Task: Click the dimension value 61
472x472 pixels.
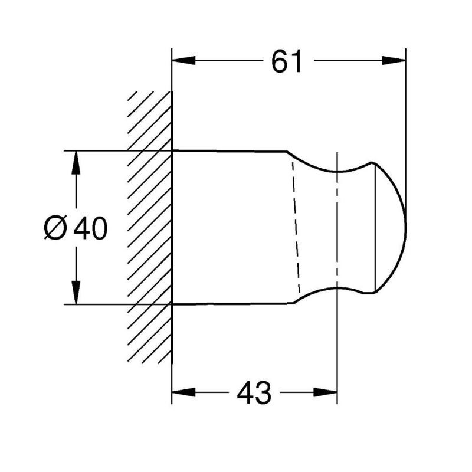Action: [286, 62]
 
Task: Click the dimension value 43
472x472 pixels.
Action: [254, 392]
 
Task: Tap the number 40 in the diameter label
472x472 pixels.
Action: [90, 228]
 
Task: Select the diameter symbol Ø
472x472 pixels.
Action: [55, 228]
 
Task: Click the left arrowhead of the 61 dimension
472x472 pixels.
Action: [183, 61]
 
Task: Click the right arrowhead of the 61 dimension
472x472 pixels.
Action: [394, 61]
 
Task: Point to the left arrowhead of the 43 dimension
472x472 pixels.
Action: [183, 392]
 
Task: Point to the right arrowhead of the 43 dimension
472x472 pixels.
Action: [325, 392]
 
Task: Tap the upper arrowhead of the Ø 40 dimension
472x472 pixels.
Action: [76, 163]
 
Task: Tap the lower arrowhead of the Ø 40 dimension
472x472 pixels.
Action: [76, 292]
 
